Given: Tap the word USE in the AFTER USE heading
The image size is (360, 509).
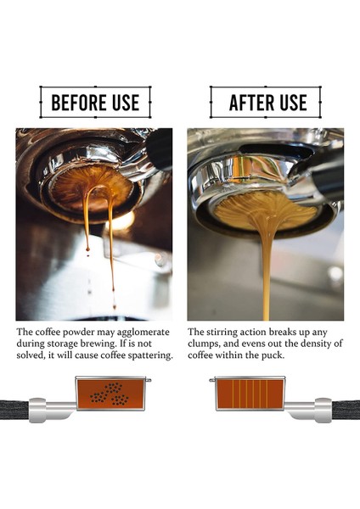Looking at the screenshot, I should [x=290, y=103].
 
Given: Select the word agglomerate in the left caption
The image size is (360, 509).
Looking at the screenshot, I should [x=143, y=332].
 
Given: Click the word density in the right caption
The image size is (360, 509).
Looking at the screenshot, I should [x=303, y=344].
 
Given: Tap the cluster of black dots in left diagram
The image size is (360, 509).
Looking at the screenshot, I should [x=110, y=394].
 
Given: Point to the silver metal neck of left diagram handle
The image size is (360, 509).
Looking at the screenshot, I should [x=51, y=411].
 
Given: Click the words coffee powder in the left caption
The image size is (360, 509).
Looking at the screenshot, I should [x=54, y=332].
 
